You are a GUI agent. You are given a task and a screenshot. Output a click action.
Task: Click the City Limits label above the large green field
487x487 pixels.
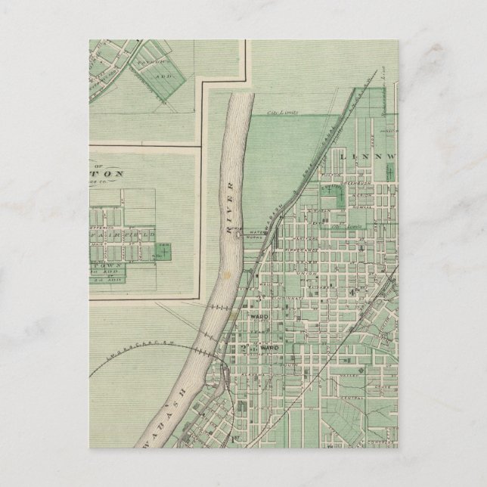[281, 113]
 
